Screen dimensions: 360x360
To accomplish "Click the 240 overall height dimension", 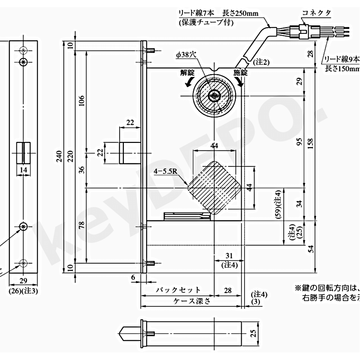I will [x=60, y=156].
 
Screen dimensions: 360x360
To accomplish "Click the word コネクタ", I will [x=316, y=13].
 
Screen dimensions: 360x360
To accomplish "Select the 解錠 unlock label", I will [x=188, y=72].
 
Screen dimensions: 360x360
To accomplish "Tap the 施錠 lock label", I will [x=240, y=72].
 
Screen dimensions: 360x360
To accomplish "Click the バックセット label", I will [x=178, y=290].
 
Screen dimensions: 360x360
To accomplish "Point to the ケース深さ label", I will [x=191, y=301].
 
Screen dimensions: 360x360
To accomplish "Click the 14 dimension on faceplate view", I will [x=23, y=170].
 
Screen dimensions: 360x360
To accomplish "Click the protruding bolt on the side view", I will [x=130, y=153].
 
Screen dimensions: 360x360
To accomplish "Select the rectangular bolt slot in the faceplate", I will [x=23, y=153].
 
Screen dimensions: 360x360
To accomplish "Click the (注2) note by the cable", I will [x=261, y=62].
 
